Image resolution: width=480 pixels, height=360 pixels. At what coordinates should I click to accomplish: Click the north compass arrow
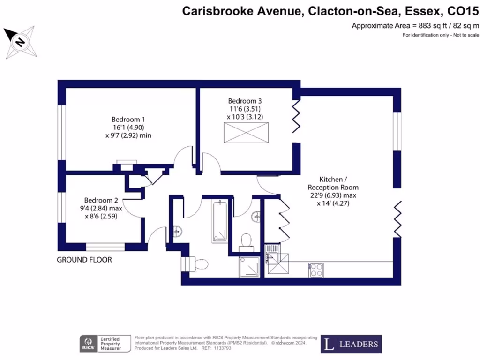click(19, 42)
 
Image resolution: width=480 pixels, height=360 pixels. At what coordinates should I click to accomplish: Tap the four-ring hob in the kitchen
click(316, 270)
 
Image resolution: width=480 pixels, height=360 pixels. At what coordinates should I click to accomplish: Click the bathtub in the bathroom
click(220, 221)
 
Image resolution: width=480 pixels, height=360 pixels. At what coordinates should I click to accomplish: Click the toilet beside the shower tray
click(246, 241)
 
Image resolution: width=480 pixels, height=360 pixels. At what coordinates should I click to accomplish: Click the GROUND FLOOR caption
click(84, 260)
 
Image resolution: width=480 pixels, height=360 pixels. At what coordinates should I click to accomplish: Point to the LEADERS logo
click(351, 344)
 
